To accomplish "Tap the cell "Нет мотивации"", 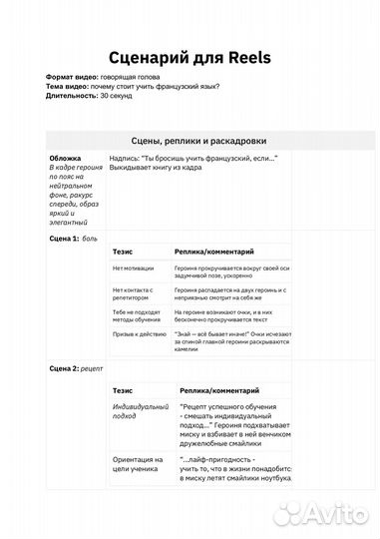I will pyautogui.click(x=134, y=269).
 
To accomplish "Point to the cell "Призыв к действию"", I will pyautogui.click(x=138, y=335).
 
